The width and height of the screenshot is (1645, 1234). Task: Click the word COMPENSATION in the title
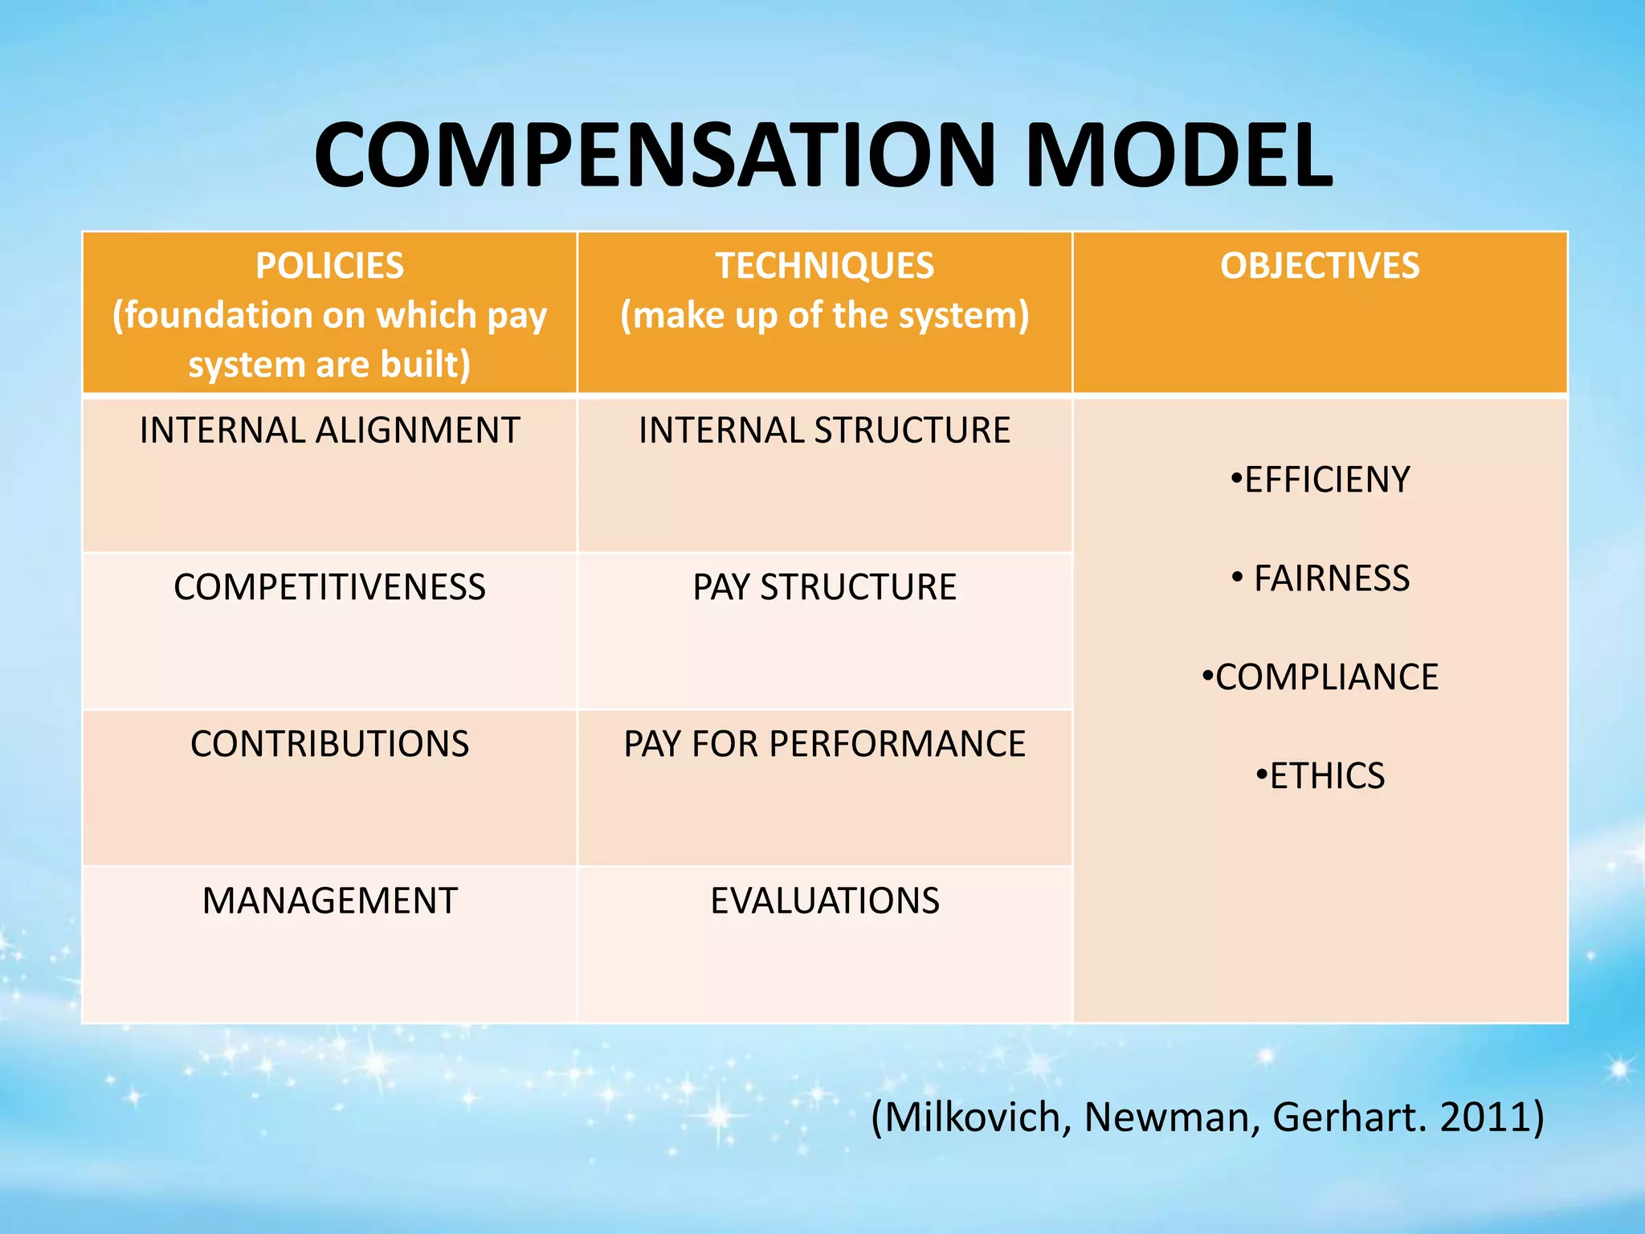(655, 156)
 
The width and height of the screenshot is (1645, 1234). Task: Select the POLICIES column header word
(329, 266)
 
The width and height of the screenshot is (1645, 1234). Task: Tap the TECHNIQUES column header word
(825, 266)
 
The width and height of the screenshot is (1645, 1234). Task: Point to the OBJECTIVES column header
(1320, 266)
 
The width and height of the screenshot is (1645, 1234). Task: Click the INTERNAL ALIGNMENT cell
(329, 431)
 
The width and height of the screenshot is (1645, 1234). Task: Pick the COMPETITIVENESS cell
(329, 587)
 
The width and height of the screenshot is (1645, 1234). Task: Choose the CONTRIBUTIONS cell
(329, 744)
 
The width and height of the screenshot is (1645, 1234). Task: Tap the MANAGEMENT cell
(329, 901)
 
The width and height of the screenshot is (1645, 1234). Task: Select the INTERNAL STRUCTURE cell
(825, 431)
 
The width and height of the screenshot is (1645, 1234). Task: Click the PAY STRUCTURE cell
(825, 587)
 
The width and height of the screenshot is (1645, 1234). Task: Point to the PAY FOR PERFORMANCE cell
(825, 744)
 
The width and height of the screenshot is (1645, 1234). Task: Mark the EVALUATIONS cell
(825, 901)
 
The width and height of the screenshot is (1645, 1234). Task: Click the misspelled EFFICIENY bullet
(1326, 480)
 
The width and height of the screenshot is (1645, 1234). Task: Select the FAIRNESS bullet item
(1331, 578)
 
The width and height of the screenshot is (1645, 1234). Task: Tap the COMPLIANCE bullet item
(1326, 677)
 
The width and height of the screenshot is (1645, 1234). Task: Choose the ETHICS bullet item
(1326, 776)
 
